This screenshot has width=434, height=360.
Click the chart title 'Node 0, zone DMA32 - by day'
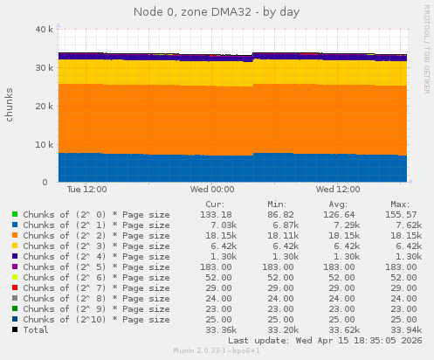click(x=217, y=11)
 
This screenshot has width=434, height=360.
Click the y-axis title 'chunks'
click(x=10, y=105)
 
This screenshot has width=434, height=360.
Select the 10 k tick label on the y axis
click(x=41, y=144)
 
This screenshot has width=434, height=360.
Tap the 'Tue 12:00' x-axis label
click(x=86, y=188)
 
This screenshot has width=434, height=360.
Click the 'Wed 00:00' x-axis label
click(x=211, y=188)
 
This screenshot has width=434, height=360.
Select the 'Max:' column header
click(x=401, y=204)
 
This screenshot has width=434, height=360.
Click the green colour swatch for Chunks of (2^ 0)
click(x=15, y=214)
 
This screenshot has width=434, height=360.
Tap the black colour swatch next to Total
click(x=15, y=329)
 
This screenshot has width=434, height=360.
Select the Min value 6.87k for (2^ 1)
click(x=282, y=225)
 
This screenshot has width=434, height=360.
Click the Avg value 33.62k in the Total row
click(x=341, y=329)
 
